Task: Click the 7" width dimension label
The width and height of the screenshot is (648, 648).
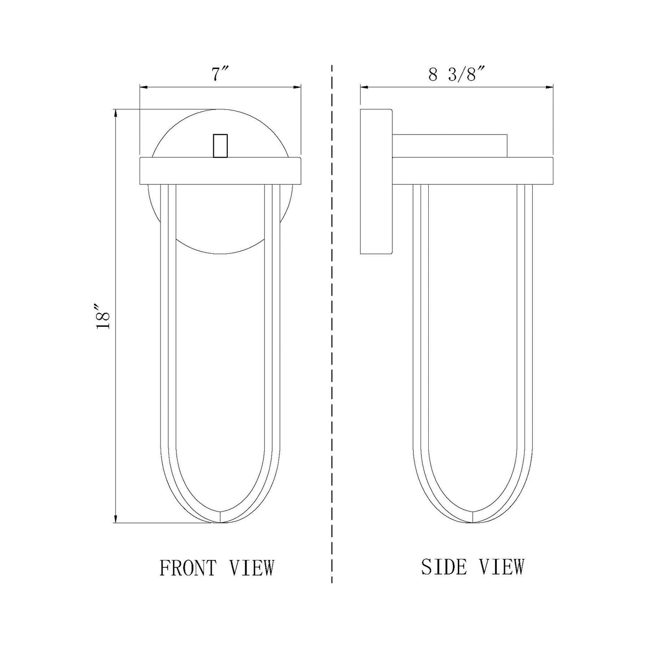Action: [x=220, y=74]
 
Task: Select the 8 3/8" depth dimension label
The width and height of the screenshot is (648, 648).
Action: [x=457, y=74]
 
